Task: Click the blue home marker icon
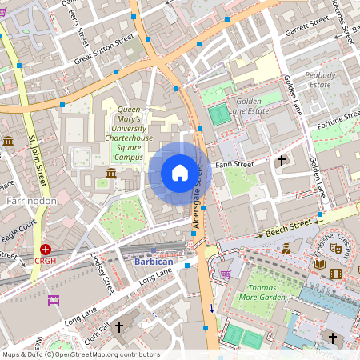180,173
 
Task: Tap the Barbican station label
146,260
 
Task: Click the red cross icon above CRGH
46,250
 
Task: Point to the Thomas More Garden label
266,291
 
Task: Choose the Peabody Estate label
318,78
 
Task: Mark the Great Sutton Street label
105,50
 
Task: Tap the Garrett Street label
308,27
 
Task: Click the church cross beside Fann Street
281,161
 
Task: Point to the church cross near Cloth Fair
119,326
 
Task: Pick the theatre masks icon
336,249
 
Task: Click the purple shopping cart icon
226,274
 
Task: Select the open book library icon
320,263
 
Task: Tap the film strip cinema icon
334,274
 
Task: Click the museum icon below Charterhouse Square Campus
110,174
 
